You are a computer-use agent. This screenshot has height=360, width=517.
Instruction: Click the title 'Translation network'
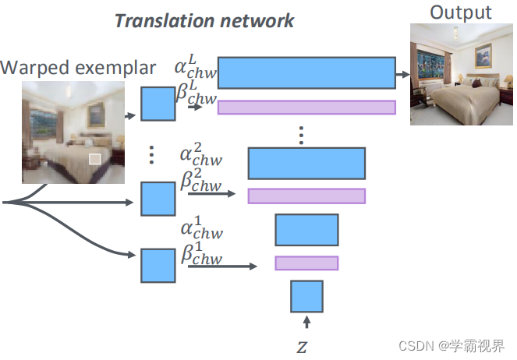pyautogui.click(x=204, y=20)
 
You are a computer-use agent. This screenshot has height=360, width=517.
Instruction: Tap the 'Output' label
pyautogui.click(x=461, y=12)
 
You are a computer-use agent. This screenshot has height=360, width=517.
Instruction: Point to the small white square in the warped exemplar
pyautogui.click(x=95, y=159)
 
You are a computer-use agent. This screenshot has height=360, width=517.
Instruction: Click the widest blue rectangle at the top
pyautogui.click(x=306, y=72)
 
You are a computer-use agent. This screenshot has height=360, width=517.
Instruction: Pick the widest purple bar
pyautogui.click(x=306, y=108)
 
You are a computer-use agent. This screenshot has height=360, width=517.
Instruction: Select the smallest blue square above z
pyautogui.click(x=306, y=296)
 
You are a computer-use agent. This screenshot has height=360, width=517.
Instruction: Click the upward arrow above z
pyautogui.click(x=306, y=321)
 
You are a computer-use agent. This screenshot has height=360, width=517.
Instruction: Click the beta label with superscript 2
pyautogui.click(x=200, y=182)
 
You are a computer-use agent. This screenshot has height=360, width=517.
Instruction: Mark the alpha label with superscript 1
pyautogui.click(x=201, y=230)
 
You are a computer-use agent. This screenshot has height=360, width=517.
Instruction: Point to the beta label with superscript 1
pyautogui.click(x=201, y=255)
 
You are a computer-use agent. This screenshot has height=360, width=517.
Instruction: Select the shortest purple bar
pyautogui.click(x=306, y=263)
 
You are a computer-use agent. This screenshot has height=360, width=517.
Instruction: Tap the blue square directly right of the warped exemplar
pyautogui.click(x=158, y=104)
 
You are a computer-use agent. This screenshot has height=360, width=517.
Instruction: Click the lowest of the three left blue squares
pyautogui.click(x=158, y=265)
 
